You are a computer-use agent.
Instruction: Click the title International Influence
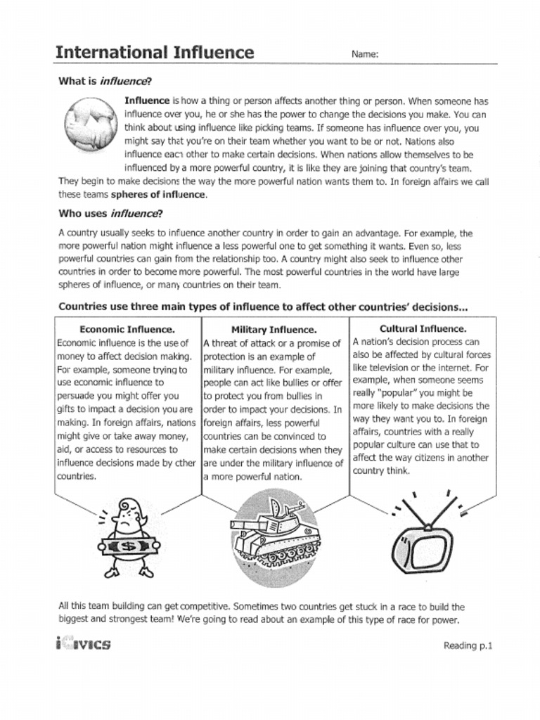point(155,52)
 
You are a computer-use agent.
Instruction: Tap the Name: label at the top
point(365,54)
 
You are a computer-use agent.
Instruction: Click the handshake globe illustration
point(89,122)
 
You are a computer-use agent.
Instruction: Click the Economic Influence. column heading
point(127,328)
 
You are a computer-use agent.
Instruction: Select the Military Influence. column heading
point(274,329)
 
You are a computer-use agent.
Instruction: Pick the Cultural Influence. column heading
point(423,328)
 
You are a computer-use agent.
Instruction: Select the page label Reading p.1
point(468,645)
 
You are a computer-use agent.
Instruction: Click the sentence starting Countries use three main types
point(263,307)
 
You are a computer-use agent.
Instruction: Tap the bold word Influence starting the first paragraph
point(147,101)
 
